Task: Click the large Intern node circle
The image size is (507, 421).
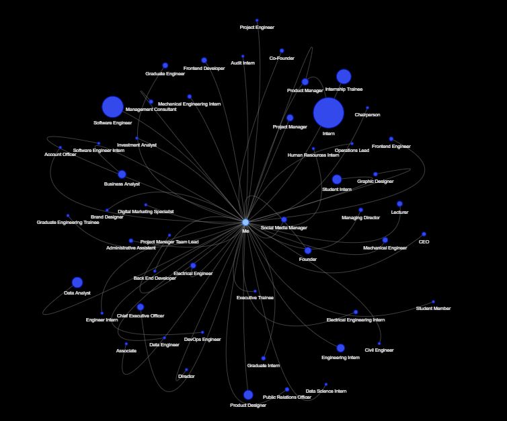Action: tap(328, 112)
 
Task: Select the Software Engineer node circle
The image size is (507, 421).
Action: tap(112, 106)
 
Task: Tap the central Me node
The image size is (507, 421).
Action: tap(245, 222)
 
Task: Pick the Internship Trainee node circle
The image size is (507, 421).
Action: tap(344, 76)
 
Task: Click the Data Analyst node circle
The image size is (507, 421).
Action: tap(77, 282)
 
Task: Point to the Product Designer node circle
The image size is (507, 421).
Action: tap(248, 395)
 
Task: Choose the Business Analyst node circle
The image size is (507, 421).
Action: tap(122, 174)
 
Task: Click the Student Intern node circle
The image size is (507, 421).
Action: tap(337, 180)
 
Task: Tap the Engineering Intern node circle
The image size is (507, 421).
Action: tap(340, 348)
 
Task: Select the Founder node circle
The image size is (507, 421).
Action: tap(308, 251)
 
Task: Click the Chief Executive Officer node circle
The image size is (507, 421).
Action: tap(141, 307)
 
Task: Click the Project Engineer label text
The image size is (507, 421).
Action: tap(257, 28)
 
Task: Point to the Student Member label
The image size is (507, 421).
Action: tap(433, 309)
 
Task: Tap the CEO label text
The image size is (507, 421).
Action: tap(424, 242)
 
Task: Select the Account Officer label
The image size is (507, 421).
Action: tap(60, 155)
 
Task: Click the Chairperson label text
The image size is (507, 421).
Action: tap(367, 115)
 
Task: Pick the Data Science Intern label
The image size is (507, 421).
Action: tap(326, 391)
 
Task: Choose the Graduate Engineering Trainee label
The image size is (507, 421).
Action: tap(68, 223)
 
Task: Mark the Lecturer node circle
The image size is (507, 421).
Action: tap(399, 204)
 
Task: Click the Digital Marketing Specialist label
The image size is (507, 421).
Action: tap(146, 212)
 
